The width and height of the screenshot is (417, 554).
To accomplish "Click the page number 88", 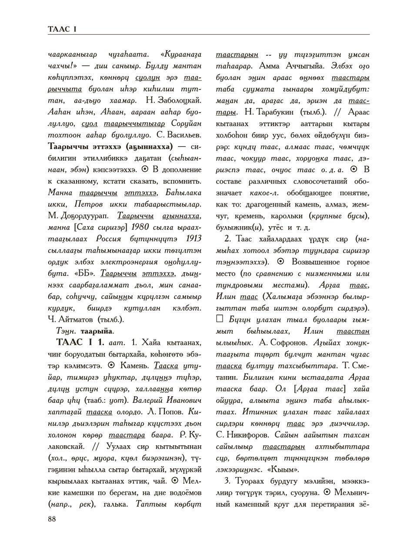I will pyautogui.click(x=52, y=519).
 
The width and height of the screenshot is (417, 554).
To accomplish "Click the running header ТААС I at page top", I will pyautogui.click(x=63, y=29).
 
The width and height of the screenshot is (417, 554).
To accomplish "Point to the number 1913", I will pyautogui.click(x=193, y=239).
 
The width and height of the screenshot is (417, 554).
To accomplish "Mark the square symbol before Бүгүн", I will pyautogui.click(x=220, y=320).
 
